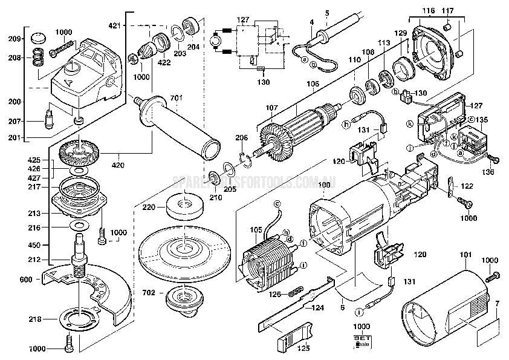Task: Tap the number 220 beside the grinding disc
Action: coord(149,207)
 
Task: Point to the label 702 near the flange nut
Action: coord(149,293)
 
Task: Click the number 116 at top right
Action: coord(428,11)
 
